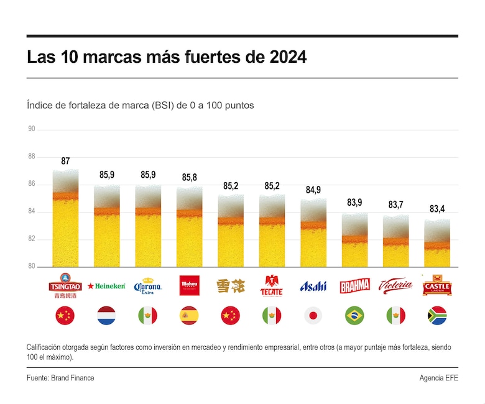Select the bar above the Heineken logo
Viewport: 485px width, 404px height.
(106, 227)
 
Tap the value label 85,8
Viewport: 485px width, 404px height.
(189, 178)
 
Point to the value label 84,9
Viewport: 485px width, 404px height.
(313, 190)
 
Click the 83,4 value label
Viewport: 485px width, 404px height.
(436, 209)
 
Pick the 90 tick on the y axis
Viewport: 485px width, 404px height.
(31, 129)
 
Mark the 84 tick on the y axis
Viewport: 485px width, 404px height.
(31, 212)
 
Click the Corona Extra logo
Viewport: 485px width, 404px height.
(148, 286)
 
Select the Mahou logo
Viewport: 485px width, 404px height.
(189, 286)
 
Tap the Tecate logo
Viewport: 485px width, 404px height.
(272, 285)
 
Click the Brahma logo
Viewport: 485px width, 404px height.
(354, 286)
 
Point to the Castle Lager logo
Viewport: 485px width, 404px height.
(436, 285)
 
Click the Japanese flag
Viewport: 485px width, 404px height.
(313, 316)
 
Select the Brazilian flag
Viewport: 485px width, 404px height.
(354, 316)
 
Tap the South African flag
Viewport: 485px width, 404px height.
(436, 316)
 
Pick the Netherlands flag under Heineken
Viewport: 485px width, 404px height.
(106, 316)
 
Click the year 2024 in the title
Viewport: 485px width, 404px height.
(288, 58)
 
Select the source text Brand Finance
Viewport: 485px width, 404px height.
(73, 378)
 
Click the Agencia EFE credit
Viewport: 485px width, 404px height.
(438, 378)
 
